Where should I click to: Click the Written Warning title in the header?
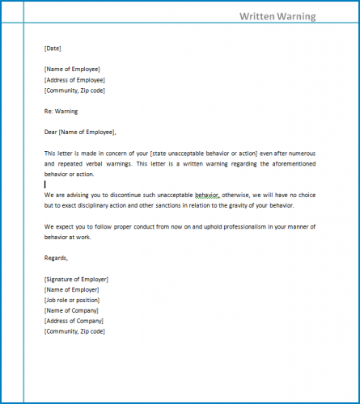click(277, 16)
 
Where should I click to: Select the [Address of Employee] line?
click(74, 80)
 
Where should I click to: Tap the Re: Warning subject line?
click(61, 111)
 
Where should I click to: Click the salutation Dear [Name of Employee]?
click(80, 132)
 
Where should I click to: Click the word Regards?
click(57, 258)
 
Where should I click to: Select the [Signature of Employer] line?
click(76, 279)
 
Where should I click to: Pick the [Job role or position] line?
click(73, 300)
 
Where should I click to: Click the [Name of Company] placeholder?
click(71, 310)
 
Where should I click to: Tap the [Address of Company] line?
click(73, 321)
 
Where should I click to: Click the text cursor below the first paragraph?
click(45, 184)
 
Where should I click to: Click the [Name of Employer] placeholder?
click(71, 289)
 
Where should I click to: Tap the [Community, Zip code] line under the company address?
click(74, 331)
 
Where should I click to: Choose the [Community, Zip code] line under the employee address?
click(74, 90)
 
